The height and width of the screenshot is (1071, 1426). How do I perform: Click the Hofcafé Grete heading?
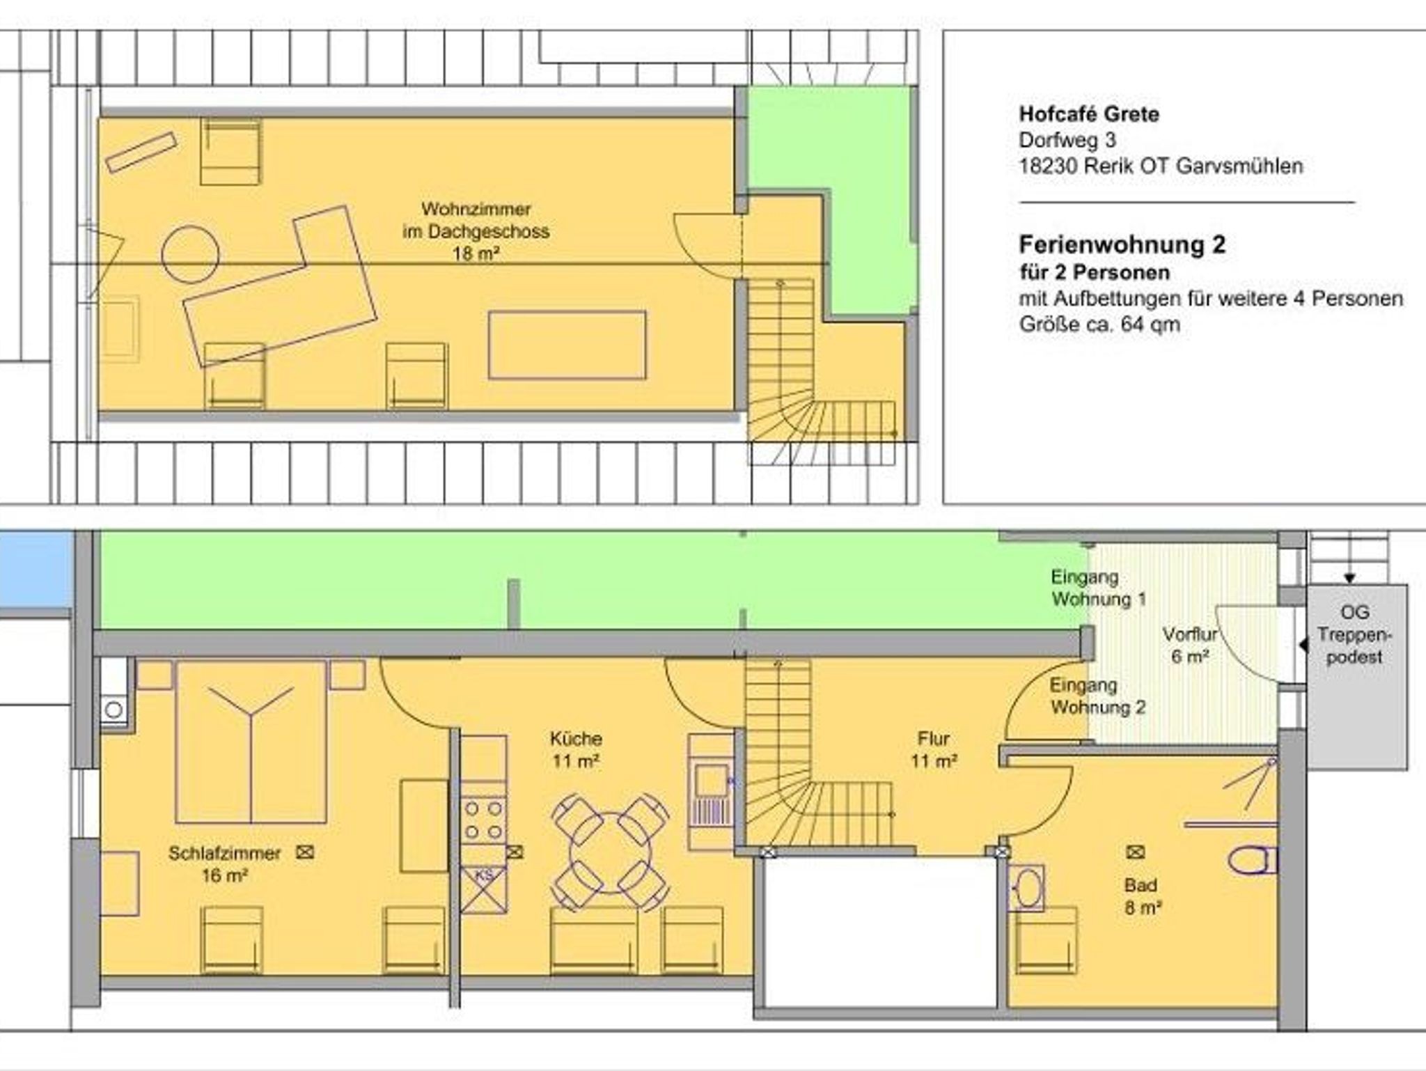(1089, 114)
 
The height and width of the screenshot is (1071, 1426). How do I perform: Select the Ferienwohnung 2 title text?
(1122, 244)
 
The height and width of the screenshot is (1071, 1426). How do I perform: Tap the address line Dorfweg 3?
(1067, 141)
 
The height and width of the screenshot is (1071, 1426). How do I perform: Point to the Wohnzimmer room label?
(476, 230)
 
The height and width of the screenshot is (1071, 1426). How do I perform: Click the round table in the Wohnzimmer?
(190, 254)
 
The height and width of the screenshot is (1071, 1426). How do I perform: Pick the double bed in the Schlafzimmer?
(251, 742)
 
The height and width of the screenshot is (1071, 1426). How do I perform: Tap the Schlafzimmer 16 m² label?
(224, 863)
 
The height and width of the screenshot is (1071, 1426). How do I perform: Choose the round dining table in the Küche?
(611, 852)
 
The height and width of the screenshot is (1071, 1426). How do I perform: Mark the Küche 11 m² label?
(576, 749)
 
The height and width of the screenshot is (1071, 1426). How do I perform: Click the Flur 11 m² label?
(934, 749)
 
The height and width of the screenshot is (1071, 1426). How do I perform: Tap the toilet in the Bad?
(1252, 860)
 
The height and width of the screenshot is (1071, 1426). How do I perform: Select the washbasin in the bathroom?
(1026, 888)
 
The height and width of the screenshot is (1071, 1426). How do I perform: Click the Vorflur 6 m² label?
(1190, 645)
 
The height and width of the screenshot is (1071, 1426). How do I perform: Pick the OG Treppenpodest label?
(1354, 634)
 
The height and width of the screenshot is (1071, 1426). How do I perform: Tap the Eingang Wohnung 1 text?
(1099, 588)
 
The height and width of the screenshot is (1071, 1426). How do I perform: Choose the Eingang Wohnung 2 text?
(1097, 696)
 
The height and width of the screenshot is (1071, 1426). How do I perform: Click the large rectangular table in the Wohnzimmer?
(567, 345)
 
